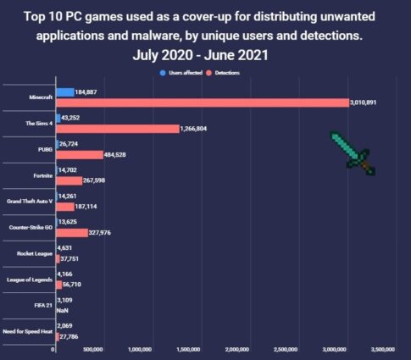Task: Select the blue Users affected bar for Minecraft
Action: click(64, 91)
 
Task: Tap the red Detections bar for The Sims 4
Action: click(117, 129)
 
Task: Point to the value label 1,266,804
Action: click(201, 129)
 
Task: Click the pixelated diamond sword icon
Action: click(351, 152)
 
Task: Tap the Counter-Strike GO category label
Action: click(29, 227)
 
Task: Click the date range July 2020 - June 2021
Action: click(204, 57)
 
